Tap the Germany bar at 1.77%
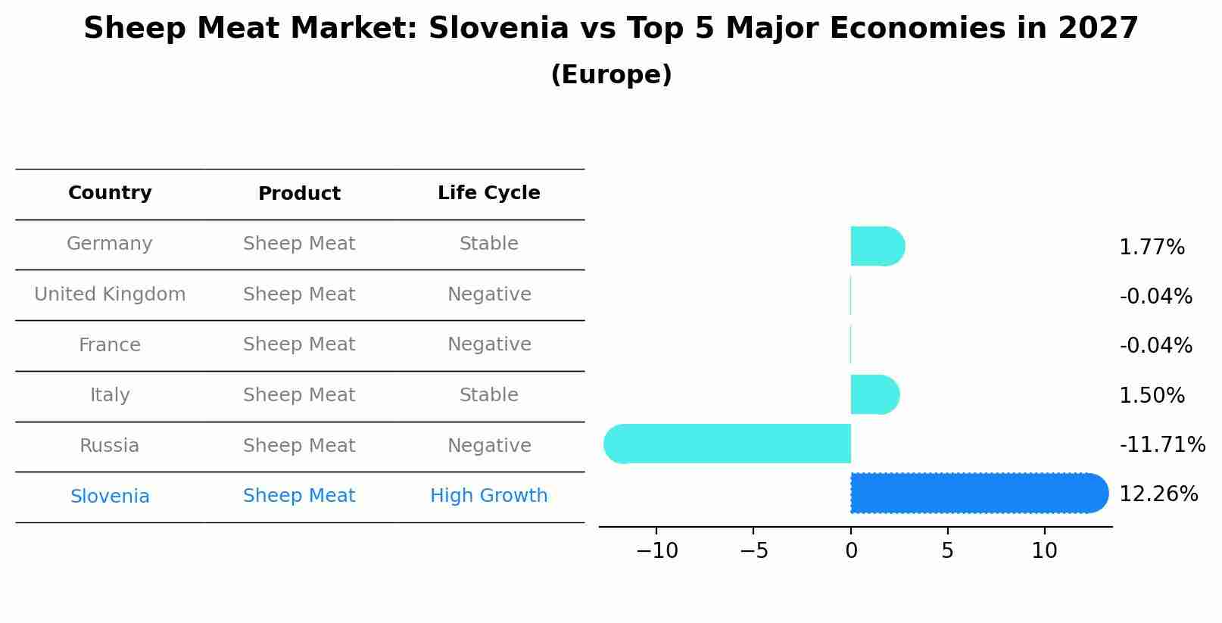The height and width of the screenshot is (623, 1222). (x=877, y=246)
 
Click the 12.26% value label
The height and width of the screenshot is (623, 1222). (x=1158, y=494)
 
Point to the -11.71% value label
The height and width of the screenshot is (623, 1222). (x=1161, y=445)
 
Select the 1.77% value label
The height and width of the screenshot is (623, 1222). (x=1151, y=248)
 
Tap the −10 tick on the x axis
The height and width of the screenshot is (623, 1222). (x=656, y=551)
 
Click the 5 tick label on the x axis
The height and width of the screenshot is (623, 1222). (x=947, y=551)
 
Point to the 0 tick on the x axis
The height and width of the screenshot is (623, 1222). (x=851, y=551)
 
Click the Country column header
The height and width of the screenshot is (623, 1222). (x=110, y=193)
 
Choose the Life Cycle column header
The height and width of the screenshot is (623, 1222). (x=488, y=193)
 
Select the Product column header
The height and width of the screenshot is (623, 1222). (x=299, y=194)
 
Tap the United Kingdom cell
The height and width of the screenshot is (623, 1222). (x=110, y=294)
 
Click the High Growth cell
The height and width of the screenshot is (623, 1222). (x=488, y=496)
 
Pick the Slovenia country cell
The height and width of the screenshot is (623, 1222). (x=110, y=497)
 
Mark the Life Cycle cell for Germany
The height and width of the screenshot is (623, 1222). (x=488, y=244)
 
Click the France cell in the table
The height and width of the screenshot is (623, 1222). (x=110, y=345)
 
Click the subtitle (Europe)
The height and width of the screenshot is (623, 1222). (x=611, y=75)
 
